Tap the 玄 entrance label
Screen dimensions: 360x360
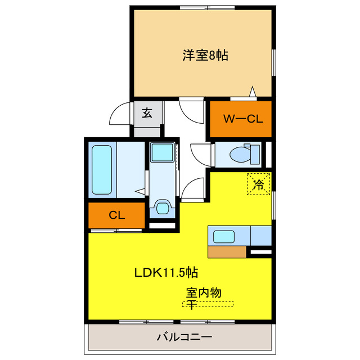147,113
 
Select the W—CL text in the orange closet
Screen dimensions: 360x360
240,119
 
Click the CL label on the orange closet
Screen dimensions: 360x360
116,215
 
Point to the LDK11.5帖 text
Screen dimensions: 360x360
165,273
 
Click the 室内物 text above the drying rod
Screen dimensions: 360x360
204,292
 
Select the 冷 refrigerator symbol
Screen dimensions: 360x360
259,184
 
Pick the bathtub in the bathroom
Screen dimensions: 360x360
102,169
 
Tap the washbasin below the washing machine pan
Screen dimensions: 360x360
163,208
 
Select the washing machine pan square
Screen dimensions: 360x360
163,152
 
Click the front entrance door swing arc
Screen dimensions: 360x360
119,115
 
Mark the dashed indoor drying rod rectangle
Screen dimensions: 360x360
208,304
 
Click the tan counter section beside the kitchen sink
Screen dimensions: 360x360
227,251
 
